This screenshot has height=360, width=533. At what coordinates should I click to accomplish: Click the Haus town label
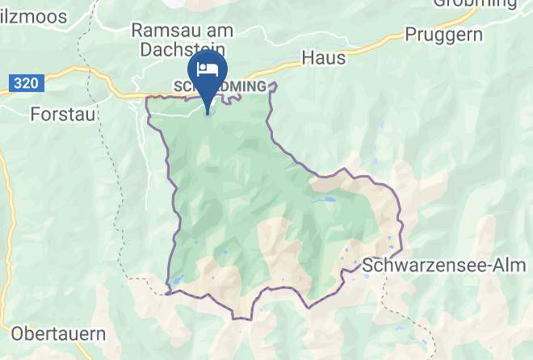click(x=323, y=58)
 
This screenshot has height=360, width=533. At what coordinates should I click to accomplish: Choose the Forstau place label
click(x=63, y=114)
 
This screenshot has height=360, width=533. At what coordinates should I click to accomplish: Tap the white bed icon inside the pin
click(x=208, y=67)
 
